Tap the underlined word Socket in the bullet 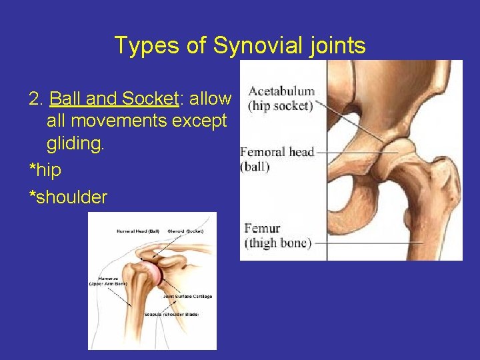150,99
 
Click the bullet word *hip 45,170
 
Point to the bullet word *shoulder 68,197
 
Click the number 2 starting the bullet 35,99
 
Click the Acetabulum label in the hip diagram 281,91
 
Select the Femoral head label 277,152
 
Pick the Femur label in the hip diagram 263,228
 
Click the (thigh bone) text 278,243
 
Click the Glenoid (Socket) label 186,231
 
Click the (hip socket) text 280,105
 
